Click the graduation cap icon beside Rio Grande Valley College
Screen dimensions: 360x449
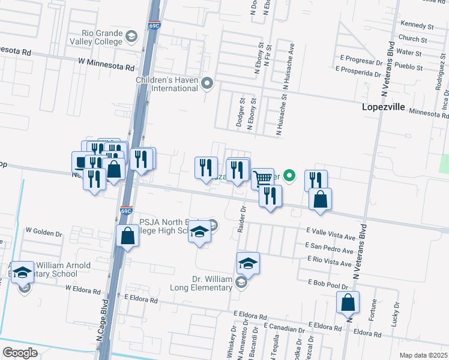click(x=130, y=38)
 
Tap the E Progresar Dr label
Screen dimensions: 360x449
click(x=361, y=61)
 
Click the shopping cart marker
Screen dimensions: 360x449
click(x=262, y=178)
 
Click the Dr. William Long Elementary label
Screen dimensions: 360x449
click(x=205, y=283)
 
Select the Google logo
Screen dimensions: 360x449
click(x=20, y=353)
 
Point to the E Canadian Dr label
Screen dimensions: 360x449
click(x=284, y=329)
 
